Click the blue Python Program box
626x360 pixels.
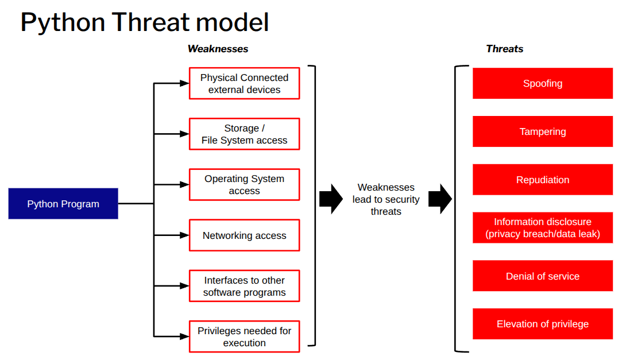[63, 204]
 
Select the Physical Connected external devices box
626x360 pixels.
[244, 84]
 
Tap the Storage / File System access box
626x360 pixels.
[244, 134]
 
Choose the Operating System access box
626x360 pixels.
[244, 185]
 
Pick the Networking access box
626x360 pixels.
[244, 235]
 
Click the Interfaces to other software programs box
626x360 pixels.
[244, 286]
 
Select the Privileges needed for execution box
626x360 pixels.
[244, 336]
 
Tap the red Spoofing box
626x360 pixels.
[542, 83]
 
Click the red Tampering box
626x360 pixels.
[542, 131]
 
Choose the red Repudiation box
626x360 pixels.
[542, 180]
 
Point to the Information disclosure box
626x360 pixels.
[542, 228]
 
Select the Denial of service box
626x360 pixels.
[542, 276]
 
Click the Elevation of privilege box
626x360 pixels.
[542, 324]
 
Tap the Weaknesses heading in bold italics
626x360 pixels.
[218, 49]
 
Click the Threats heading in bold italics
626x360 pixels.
[504, 49]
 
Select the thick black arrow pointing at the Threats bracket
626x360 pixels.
[440, 199]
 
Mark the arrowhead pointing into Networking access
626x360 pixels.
[184, 235]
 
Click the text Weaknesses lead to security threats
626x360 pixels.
[386, 199]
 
